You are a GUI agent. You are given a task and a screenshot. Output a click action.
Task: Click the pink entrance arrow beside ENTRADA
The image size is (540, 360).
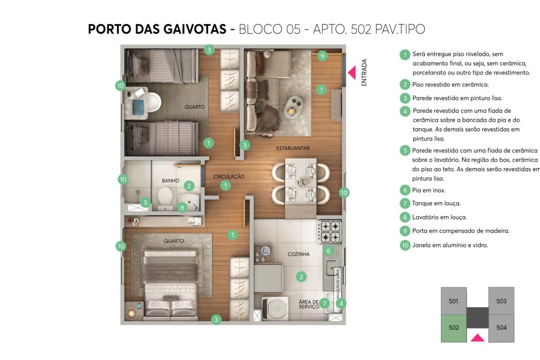click(x=352, y=73)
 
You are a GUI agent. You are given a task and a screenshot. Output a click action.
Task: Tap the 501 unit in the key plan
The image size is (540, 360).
click(x=453, y=301)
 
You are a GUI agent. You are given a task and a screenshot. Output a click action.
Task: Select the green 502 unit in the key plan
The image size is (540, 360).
click(x=453, y=328)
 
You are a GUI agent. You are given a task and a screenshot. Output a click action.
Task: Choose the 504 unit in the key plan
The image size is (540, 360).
click(x=502, y=328)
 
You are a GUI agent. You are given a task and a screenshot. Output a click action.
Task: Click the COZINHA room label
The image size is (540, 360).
click(x=298, y=254)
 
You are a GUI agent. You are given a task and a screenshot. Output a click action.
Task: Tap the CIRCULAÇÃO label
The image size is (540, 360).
click(x=229, y=176)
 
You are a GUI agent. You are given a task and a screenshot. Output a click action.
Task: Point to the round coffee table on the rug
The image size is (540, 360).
click(x=292, y=108)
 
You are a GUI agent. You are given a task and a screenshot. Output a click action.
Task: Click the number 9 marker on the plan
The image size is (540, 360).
click(x=322, y=56)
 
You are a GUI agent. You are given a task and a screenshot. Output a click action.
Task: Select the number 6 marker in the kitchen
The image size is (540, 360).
click(x=328, y=250)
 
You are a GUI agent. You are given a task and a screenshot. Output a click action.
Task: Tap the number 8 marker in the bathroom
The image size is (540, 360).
click(x=182, y=208)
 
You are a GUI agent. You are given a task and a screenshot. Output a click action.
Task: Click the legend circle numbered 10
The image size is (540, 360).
click(x=406, y=245)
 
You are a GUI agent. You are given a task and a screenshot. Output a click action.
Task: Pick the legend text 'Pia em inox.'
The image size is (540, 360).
click(x=428, y=190)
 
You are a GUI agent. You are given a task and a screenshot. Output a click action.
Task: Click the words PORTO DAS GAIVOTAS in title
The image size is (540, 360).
click(x=157, y=29)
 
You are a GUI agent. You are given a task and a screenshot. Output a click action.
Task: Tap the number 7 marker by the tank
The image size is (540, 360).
click(x=324, y=303)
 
